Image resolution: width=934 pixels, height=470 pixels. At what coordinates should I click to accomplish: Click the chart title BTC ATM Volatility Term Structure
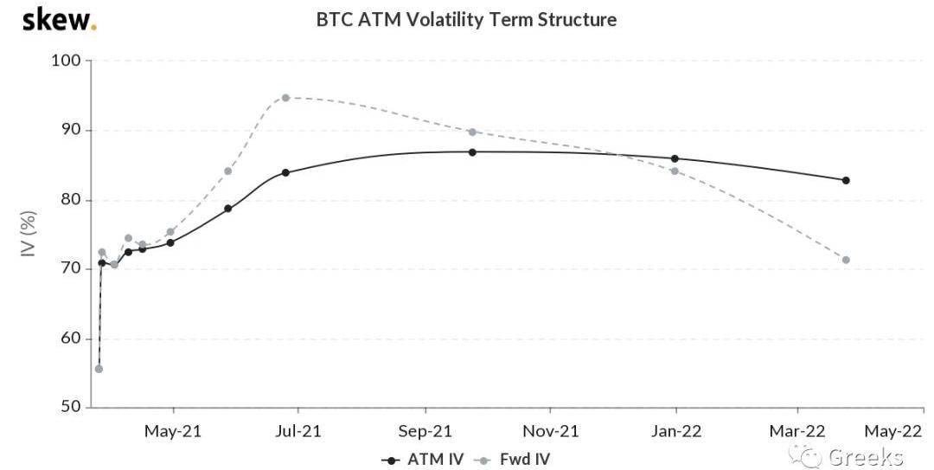[466, 19]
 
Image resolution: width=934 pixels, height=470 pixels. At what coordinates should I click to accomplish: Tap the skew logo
[59, 19]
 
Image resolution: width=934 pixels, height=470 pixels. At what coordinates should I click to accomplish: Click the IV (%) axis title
[28, 234]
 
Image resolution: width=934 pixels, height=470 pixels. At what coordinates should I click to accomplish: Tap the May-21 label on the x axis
[173, 430]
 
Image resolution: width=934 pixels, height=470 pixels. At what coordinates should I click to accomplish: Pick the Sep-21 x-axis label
[425, 430]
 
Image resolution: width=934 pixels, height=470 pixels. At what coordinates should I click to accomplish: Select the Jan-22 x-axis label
[675, 430]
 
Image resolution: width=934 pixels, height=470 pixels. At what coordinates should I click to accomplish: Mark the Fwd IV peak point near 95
[285, 98]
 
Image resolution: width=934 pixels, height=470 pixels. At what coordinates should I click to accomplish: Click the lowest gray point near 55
[99, 369]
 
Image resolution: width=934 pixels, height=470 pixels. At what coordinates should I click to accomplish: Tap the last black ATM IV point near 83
[846, 180]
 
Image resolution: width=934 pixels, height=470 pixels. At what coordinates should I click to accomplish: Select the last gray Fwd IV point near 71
[846, 260]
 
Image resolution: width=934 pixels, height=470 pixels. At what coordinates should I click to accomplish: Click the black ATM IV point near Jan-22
[675, 158]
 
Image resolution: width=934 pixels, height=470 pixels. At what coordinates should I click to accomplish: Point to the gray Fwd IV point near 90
[472, 132]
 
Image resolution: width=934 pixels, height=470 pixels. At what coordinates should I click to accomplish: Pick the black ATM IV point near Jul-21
[285, 172]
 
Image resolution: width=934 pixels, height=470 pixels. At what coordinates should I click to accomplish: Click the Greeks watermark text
[865, 456]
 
